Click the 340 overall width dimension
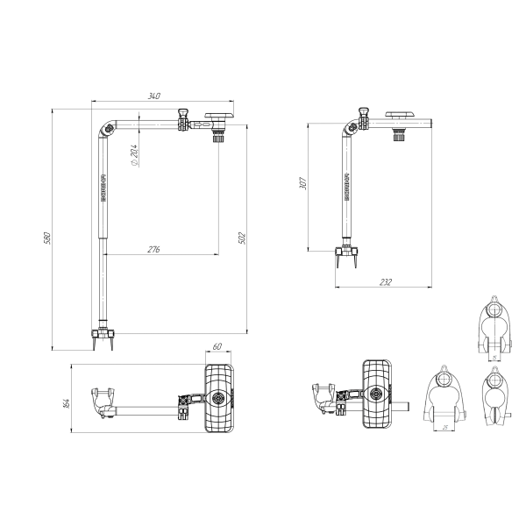tap(154, 96)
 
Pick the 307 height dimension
tap(302, 184)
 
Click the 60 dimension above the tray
tap(217, 347)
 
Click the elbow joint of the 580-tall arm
tap(109, 131)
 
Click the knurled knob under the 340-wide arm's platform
tap(218, 134)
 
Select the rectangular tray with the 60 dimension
tap(217, 398)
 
